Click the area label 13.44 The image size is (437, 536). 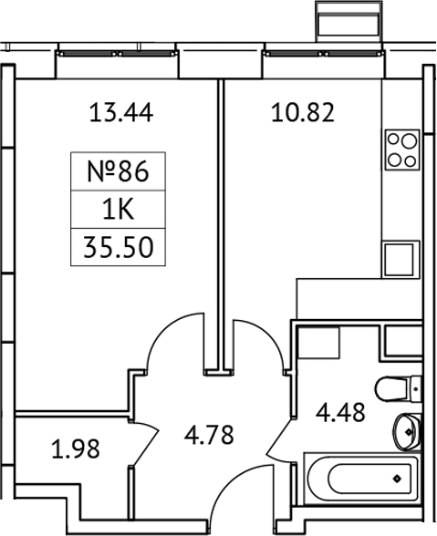point(120,113)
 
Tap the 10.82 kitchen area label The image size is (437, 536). point(304,113)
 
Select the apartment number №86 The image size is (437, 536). point(115,171)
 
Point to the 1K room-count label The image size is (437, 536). point(115,211)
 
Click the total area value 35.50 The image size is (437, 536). point(115,249)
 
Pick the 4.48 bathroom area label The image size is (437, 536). point(341,413)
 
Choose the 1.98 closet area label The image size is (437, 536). point(69,449)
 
